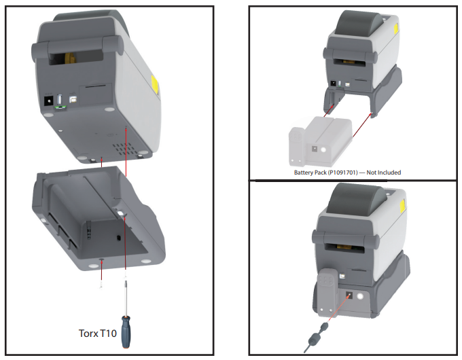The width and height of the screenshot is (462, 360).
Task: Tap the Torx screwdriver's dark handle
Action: click(126, 327)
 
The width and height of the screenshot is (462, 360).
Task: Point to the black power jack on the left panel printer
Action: click(48, 102)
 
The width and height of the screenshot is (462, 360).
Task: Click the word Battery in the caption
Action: click(305, 173)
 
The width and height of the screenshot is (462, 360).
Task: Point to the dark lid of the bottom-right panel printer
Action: click(357, 204)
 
